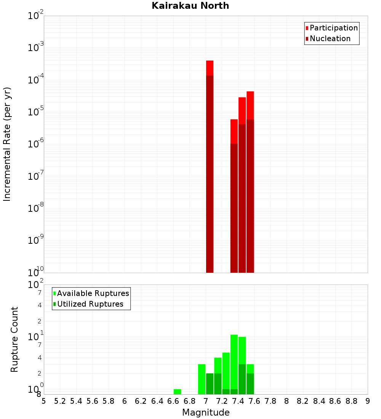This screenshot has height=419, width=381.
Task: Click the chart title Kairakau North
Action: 190,6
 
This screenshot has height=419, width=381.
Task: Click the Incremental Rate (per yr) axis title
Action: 7,144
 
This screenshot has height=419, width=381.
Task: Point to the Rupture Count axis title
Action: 14,339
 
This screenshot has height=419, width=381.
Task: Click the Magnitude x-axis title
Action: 206,413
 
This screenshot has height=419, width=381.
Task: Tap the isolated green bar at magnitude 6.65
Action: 177,392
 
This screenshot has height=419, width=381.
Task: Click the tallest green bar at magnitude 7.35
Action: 234,362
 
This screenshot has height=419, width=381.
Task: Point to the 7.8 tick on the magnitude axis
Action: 271,401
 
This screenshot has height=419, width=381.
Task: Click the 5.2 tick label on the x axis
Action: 60,401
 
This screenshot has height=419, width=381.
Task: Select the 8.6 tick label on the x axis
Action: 335,401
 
